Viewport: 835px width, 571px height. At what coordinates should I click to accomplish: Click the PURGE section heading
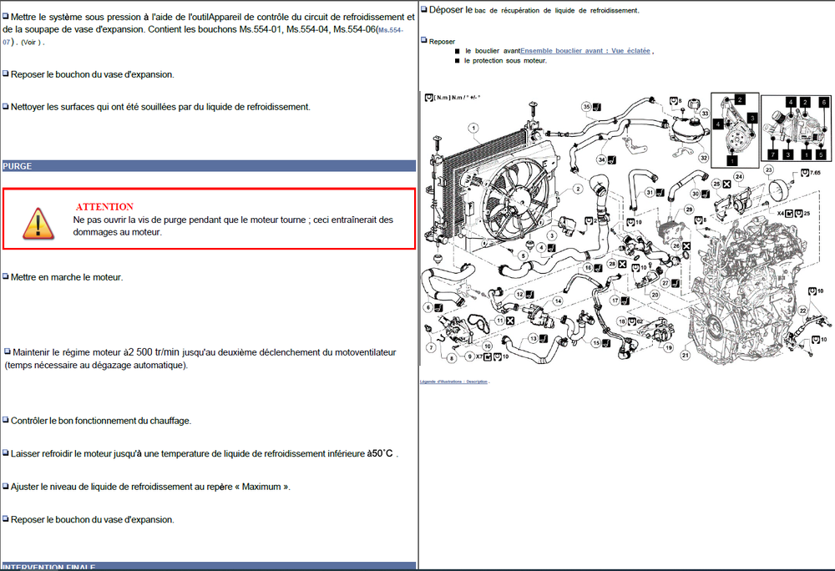pos(18,166)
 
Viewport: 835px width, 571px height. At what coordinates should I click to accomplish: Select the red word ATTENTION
pos(104,206)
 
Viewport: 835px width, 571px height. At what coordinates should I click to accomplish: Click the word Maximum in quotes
pos(261,487)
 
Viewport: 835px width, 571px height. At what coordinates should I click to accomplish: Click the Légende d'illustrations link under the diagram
pos(454,382)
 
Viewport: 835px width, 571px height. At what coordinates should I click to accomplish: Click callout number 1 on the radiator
pos(473,128)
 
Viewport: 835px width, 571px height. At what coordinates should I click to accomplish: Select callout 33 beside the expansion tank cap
pos(705,113)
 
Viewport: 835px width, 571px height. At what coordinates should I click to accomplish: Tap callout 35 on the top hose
pos(586,107)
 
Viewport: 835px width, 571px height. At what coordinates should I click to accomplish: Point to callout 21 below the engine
pos(686,355)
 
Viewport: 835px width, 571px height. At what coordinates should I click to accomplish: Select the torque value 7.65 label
pos(815,173)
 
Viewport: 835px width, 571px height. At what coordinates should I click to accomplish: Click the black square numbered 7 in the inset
pos(774,154)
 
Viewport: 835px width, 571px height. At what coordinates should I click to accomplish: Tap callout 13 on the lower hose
pos(532,340)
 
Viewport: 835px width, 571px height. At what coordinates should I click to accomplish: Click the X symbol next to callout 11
pos(509,321)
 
